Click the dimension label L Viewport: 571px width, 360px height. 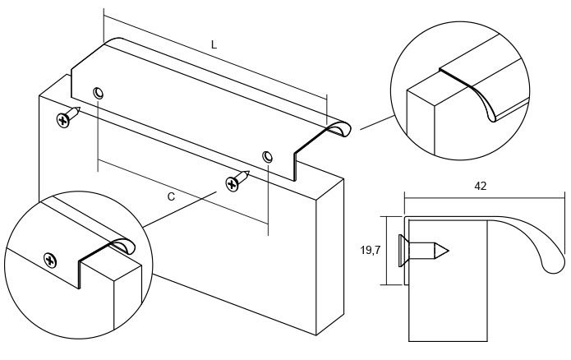tap(214, 45)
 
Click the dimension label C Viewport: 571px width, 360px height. tap(171, 196)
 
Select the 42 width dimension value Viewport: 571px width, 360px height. tap(481, 187)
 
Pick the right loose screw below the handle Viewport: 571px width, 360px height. tap(237, 179)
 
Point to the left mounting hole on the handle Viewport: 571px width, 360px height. tap(99, 93)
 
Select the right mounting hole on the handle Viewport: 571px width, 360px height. tap(267, 156)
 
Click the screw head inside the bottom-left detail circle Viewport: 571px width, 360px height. tap(53, 261)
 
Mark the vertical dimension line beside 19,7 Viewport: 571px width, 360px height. tap(387, 251)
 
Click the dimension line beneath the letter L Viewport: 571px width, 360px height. tap(215, 62)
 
